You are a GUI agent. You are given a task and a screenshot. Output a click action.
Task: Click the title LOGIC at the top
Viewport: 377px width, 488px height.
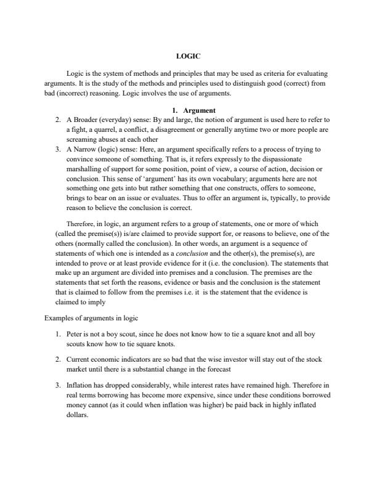[x=188, y=56]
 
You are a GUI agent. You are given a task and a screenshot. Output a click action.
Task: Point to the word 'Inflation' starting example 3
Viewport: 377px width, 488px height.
[x=79, y=384]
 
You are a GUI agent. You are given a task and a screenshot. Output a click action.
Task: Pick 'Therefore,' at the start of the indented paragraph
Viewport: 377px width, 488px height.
[x=83, y=224]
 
